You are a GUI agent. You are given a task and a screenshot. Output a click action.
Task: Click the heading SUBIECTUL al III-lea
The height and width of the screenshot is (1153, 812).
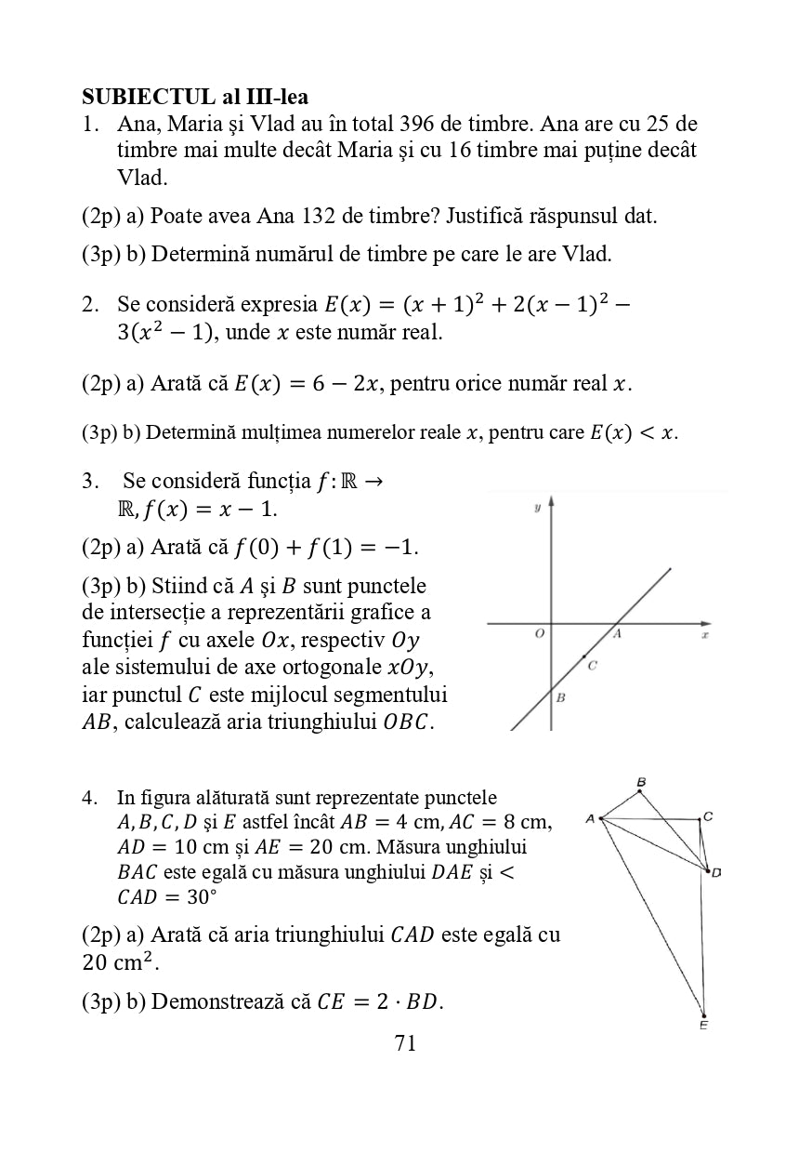click(x=195, y=96)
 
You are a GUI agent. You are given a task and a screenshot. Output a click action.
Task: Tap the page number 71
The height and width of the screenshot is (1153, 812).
click(x=405, y=1043)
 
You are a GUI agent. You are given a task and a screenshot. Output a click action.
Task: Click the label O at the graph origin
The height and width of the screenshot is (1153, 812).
click(x=539, y=633)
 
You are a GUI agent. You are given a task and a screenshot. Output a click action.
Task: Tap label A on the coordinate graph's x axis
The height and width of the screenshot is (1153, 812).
click(x=616, y=633)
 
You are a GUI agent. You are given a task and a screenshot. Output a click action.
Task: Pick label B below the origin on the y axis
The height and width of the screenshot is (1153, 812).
click(x=560, y=696)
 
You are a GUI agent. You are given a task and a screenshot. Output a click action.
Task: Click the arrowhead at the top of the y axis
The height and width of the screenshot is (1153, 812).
click(x=552, y=501)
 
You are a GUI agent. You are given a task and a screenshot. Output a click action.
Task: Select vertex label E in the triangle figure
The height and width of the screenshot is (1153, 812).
click(x=703, y=1026)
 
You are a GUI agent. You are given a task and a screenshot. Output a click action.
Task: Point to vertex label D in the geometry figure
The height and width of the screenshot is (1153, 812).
click(x=716, y=872)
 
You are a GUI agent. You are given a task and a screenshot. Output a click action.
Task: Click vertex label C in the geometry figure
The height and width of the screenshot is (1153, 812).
click(x=708, y=816)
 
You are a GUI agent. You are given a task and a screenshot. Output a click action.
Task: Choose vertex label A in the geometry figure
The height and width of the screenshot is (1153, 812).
click(x=590, y=819)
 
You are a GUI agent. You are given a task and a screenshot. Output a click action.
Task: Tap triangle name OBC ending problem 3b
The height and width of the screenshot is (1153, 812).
click(x=406, y=722)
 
